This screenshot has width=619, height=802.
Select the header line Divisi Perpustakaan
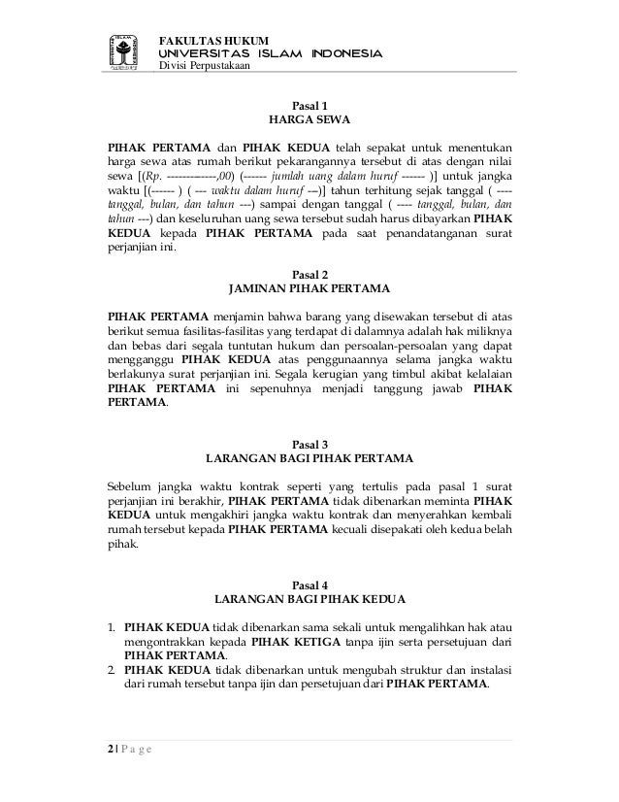coord(204,67)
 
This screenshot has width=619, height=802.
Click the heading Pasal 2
coord(309,274)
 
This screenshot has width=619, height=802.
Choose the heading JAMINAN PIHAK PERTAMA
coord(309,290)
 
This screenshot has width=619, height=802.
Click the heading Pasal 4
coord(309,582)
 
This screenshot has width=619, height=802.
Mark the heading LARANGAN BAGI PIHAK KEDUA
coord(309,598)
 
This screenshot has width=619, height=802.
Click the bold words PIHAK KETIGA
coord(294,641)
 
